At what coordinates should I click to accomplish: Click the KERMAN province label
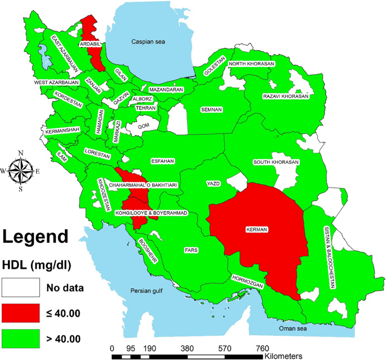tap(256, 229)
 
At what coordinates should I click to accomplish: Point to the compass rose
tap(20, 170)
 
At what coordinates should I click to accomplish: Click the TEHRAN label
tap(145, 108)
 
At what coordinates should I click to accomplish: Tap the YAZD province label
tap(214, 184)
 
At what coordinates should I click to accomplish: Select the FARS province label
tap(192, 249)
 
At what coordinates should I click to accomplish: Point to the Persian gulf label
tap(147, 291)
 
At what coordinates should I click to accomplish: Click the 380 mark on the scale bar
tap(188, 348)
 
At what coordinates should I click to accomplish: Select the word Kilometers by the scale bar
tap(284, 356)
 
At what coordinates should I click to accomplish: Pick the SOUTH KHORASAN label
tap(276, 162)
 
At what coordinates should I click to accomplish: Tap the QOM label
tap(144, 126)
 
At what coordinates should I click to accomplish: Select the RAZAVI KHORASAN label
tap(286, 96)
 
